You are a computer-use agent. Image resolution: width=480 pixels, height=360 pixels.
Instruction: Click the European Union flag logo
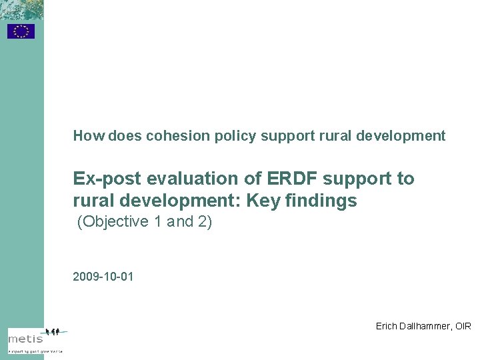(x=21, y=31)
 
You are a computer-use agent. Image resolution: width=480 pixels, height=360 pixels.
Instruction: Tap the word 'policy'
(x=236, y=136)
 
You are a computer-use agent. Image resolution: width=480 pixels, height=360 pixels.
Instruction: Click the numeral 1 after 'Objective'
(x=157, y=222)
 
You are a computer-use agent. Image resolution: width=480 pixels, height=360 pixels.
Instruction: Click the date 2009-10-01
(x=103, y=276)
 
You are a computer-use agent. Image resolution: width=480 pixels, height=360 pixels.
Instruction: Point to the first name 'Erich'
(x=387, y=326)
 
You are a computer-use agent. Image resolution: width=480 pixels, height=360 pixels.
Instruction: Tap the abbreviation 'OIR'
(x=463, y=326)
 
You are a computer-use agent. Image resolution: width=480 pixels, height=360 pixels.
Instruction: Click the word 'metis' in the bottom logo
(x=25, y=339)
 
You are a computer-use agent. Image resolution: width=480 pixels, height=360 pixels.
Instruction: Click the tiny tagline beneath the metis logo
(x=35, y=350)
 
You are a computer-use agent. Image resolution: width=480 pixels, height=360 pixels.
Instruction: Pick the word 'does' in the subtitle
(x=121, y=136)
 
